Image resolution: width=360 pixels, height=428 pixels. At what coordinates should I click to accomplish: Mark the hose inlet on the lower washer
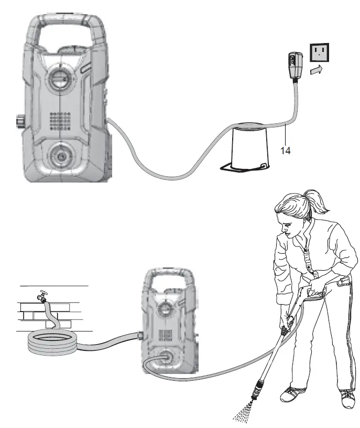pyautogui.click(x=140, y=334)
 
